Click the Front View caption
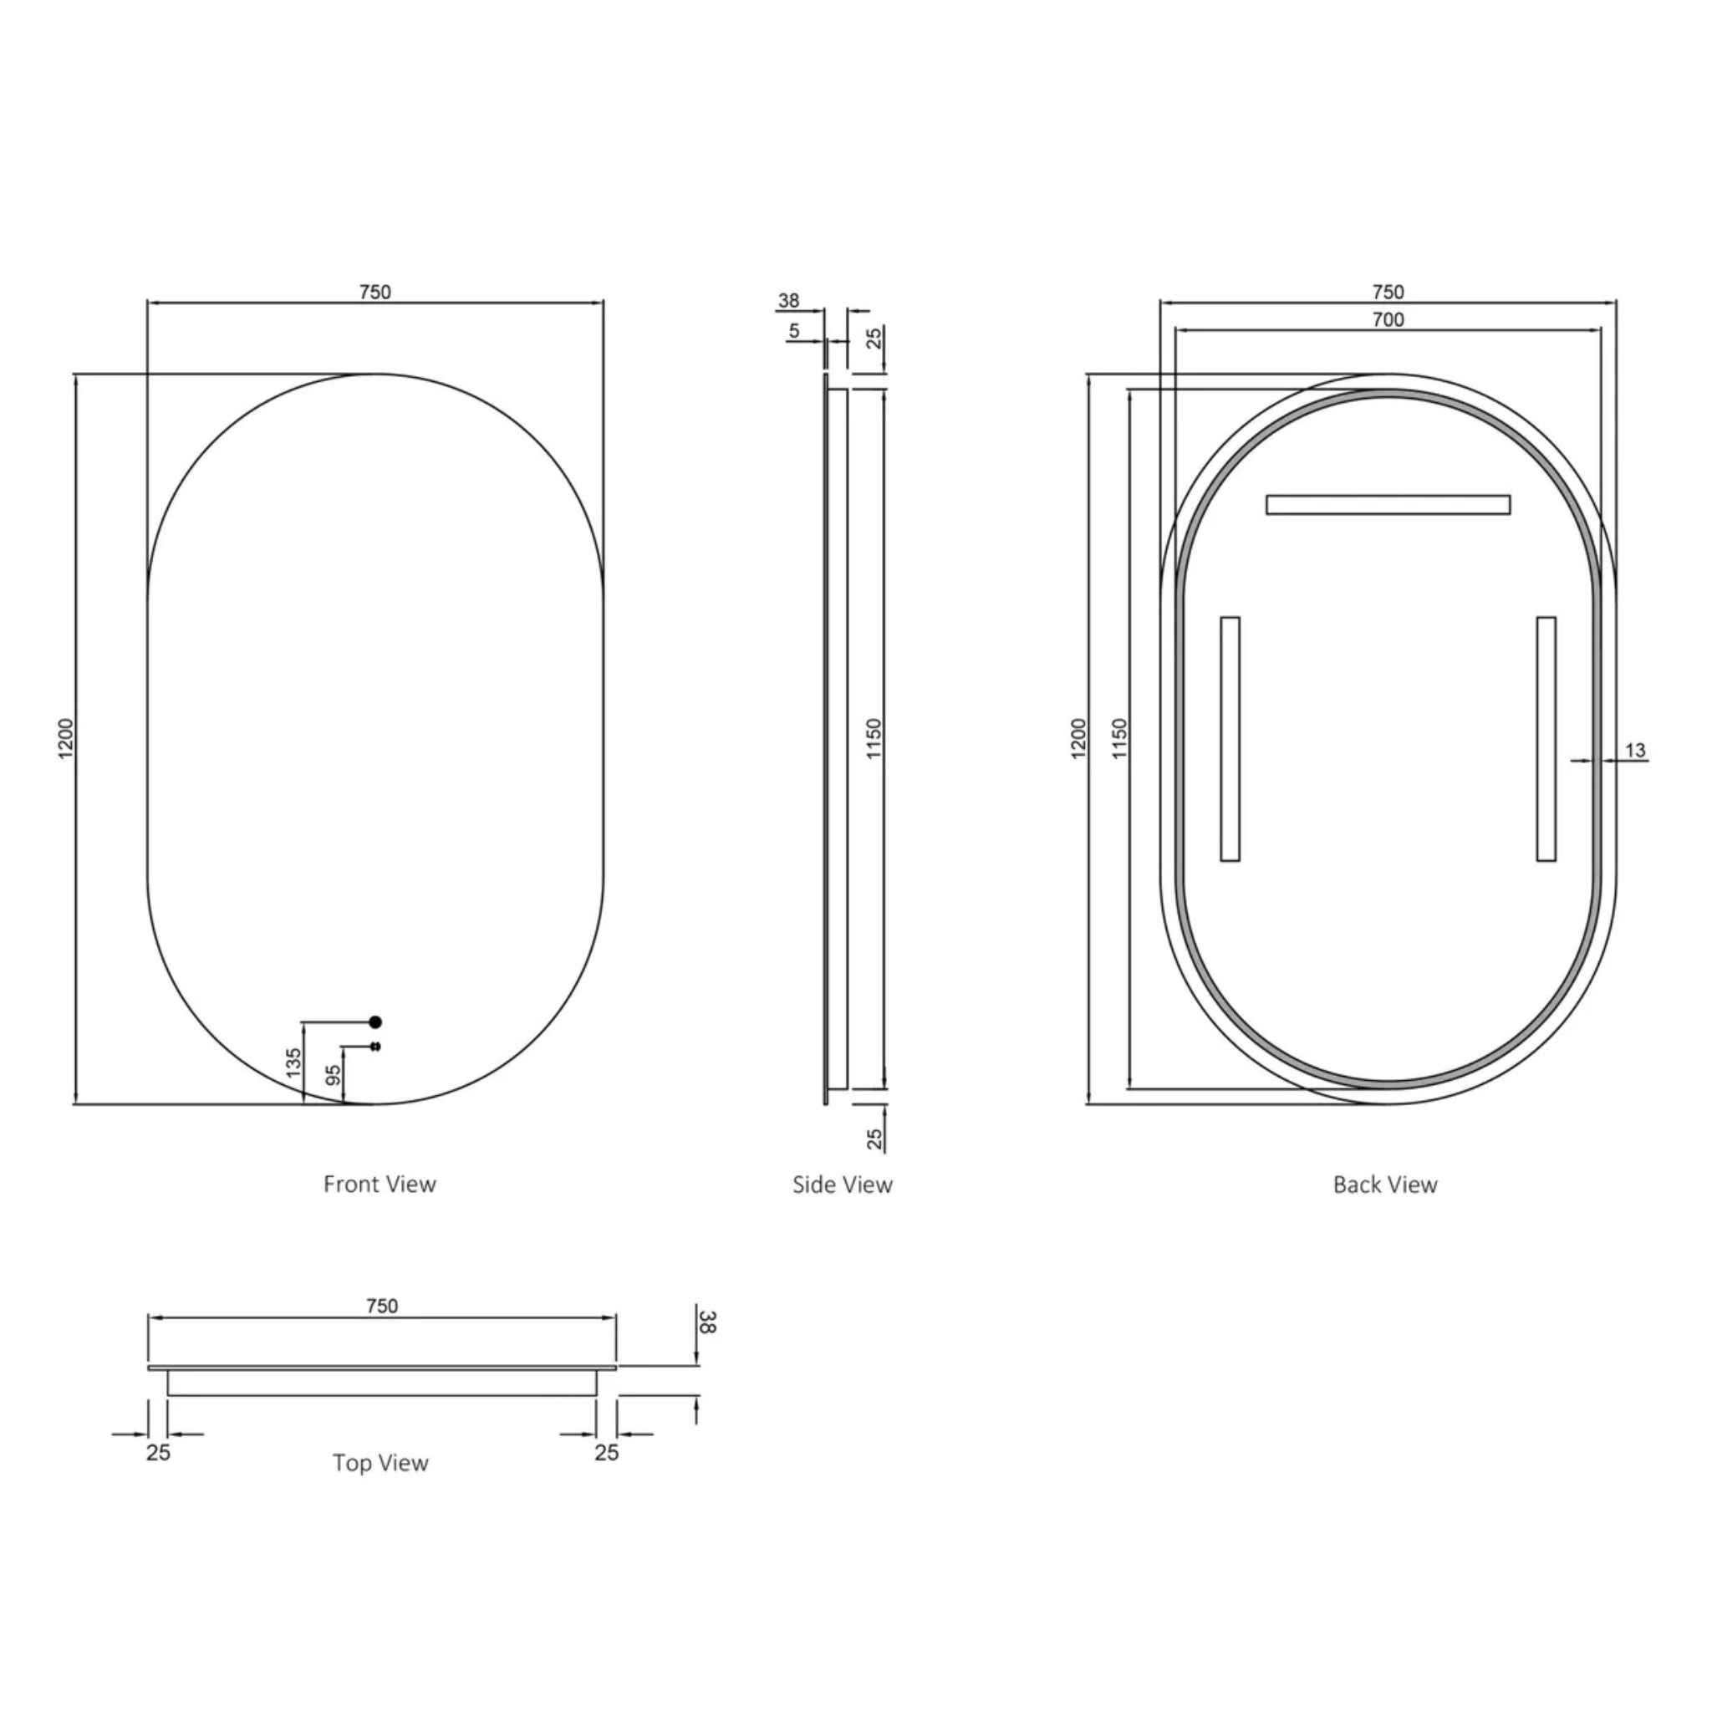(x=380, y=1184)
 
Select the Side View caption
(x=842, y=1185)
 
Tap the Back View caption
(x=1385, y=1185)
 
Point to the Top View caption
(x=380, y=1463)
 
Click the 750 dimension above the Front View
(x=374, y=292)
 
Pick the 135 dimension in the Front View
(x=294, y=1062)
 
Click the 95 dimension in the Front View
(x=334, y=1075)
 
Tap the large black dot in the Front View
(x=374, y=1022)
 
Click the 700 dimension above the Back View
(x=1388, y=320)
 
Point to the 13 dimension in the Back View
(x=1635, y=751)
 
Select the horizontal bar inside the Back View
(x=1388, y=504)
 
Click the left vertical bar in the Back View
(x=1230, y=738)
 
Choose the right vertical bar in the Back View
(x=1546, y=738)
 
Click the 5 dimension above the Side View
(x=794, y=330)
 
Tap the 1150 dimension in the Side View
(x=874, y=738)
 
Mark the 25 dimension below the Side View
(x=874, y=1139)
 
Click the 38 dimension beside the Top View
(x=707, y=1322)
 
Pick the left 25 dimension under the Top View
(x=159, y=1452)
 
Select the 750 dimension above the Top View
(x=382, y=1307)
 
